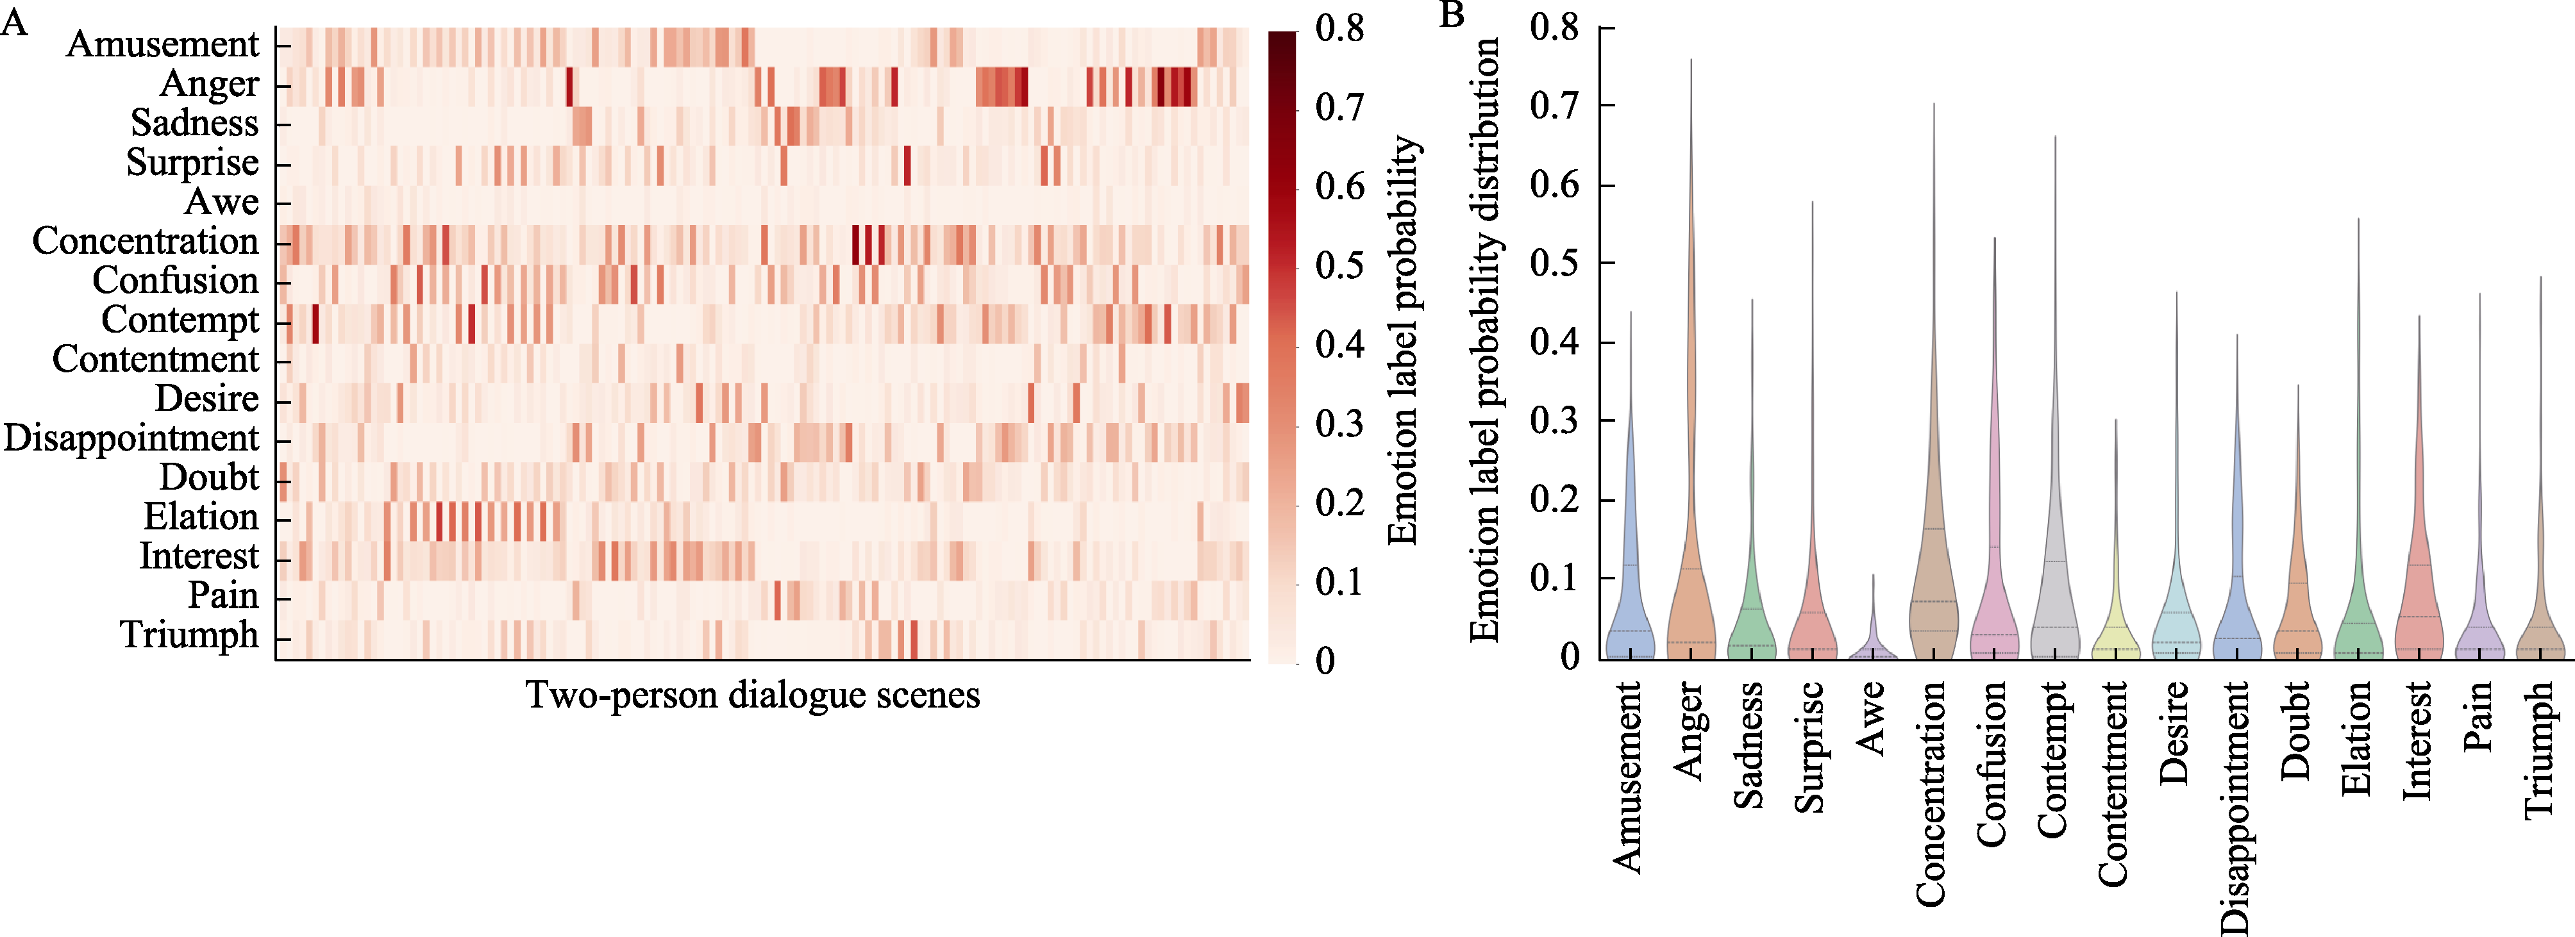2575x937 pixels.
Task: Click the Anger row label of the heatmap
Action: tap(209, 84)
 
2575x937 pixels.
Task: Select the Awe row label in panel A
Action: tap(222, 202)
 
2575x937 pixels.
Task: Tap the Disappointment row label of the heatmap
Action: tap(131, 438)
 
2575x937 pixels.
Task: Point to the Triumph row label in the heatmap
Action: tap(189, 635)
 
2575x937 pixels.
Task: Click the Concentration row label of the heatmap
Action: tap(145, 242)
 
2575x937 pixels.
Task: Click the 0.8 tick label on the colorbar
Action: tap(1339, 28)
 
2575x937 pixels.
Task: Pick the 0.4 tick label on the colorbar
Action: tap(1339, 345)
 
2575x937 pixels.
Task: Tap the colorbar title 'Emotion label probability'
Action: tap(1404, 340)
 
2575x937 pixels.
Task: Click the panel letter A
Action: tap(14, 22)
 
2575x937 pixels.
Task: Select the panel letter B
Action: tap(1452, 14)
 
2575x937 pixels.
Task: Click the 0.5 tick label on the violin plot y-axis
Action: tap(1554, 263)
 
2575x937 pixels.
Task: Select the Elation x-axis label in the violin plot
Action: tap(2356, 738)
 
